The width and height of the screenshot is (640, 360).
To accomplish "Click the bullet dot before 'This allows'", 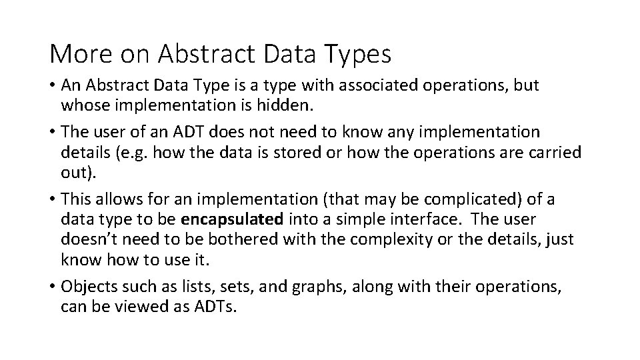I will tap(53, 200).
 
